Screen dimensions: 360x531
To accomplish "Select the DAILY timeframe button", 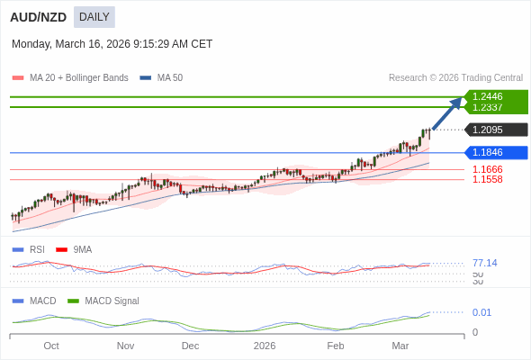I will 94,16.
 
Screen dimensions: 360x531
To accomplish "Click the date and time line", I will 112,43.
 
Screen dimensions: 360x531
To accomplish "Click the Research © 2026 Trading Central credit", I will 455,77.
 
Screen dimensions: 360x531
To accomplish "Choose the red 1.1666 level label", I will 487,169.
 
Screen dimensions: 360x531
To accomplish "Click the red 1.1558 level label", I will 487,179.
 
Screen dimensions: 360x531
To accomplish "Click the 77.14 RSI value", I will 484,263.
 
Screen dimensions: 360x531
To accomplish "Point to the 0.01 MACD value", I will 481,312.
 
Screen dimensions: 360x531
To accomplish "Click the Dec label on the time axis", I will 190,346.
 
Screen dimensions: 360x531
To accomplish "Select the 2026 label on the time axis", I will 264,346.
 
